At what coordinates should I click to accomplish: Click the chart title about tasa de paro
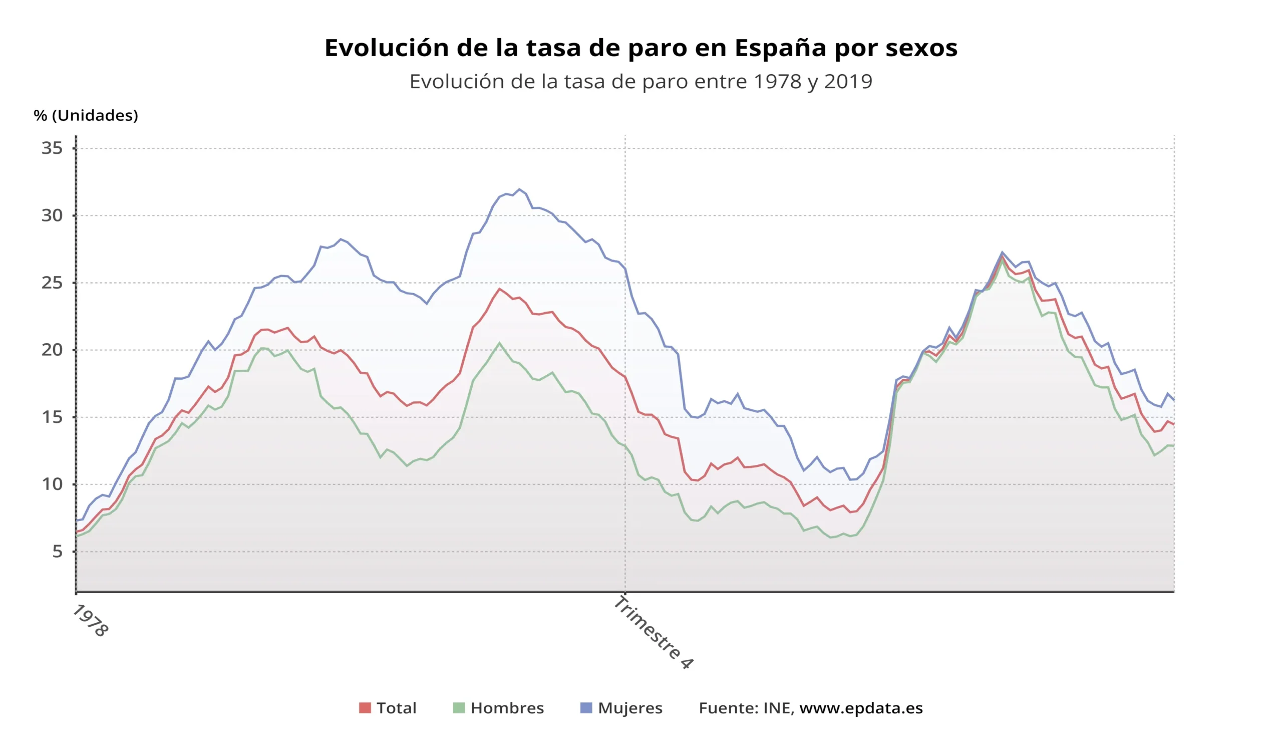point(640,48)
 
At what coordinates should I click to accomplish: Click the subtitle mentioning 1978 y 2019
point(640,81)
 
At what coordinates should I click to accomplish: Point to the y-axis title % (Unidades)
point(86,116)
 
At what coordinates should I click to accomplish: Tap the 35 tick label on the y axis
point(52,149)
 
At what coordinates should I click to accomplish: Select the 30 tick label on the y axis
point(52,216)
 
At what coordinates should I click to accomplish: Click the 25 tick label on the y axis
point(52,283)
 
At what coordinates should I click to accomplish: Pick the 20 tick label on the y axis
point(52,350)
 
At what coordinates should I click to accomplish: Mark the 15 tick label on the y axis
point(52,417)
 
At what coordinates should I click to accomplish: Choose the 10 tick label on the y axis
point(52,484)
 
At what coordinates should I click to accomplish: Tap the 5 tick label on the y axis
point(57,552)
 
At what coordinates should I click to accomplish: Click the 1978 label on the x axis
point(91,621)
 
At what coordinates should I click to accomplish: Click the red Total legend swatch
point(365,708)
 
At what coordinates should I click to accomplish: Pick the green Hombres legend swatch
point(459,708)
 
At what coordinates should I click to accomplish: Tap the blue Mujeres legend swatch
point(586,708)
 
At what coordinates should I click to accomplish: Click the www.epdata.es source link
point(861,708)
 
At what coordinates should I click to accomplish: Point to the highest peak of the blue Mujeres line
point(519,189)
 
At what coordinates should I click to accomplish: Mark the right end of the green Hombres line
point(1173,446)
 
